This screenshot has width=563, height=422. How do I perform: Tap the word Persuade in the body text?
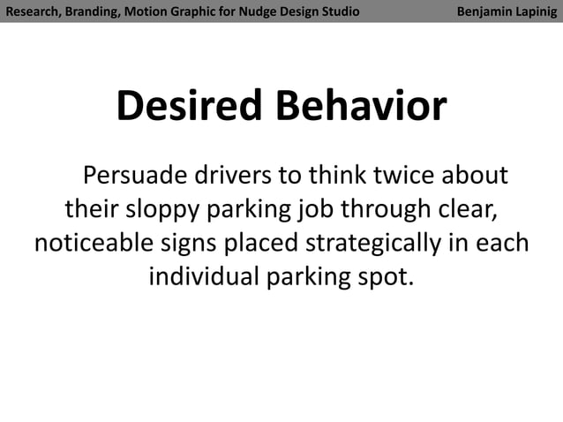134,175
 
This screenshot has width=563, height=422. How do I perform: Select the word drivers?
233,175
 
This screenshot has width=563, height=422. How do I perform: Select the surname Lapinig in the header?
539,11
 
